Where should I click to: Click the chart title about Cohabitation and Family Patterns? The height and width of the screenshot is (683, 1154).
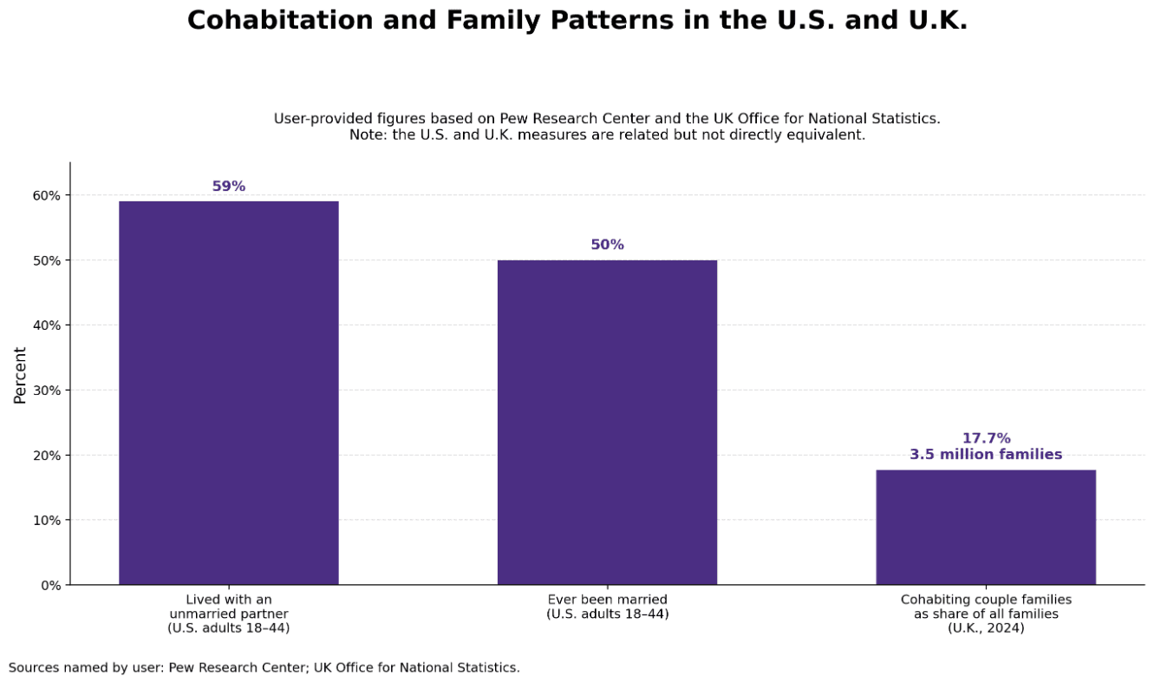577,21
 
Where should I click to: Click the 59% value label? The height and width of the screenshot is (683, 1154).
229,187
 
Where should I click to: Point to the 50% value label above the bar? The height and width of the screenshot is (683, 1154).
607,245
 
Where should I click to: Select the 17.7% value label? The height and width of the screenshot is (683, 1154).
986,438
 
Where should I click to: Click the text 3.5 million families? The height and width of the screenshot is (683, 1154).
986,455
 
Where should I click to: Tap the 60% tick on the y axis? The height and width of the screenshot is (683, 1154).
47,195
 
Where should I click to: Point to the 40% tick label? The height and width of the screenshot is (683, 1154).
47,325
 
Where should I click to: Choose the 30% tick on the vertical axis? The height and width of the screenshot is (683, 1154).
47,391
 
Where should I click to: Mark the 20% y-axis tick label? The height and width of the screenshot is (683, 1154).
47,456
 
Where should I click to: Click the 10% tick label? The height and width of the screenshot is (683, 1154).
47,521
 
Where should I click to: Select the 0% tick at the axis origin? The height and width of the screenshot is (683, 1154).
50,585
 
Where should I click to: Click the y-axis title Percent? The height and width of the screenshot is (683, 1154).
20,375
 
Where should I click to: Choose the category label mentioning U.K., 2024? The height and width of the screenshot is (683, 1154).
986,614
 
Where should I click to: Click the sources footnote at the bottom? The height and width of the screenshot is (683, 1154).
264,667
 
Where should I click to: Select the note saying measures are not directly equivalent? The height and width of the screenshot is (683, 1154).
607,135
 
